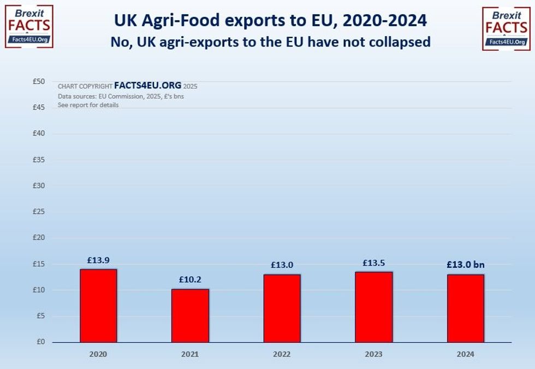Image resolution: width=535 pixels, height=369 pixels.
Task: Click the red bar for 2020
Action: pyautogui.click(x=98, y=306)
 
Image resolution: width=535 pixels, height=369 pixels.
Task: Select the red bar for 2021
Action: pyautogui.click(x=190, y=315)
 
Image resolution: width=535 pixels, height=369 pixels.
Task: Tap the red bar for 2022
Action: pyautogui.click(x=282, y=308)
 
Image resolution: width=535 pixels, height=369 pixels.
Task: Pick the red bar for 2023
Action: pyautogui.click(x=374, y=307)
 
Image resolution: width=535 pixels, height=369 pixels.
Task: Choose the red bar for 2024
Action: pyautogui.click(x=466, y=308)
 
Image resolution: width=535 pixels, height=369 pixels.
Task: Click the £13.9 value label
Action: pyautogui.click(x=98, y=260)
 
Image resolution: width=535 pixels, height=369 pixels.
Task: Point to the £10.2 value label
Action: pyautogui.click(x=190, y=279)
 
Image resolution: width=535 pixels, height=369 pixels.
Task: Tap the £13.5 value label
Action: pyautogui.click(x=374, y=262)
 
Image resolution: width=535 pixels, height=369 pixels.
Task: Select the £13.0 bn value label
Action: pyautogui.click(x=466, y=265)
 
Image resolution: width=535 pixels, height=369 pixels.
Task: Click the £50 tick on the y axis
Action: pyautogui.click(x=38, y=81)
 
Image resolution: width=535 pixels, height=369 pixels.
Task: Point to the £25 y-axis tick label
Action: pyautogui.click(x=38, y=212)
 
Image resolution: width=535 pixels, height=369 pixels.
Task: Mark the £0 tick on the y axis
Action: pyautogui.click(x=40, y=342)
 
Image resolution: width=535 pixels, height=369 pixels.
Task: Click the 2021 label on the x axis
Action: pyautogui.click(x=190, y=354)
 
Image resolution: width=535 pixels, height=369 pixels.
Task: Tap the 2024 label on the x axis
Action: pyautogui.click(x=466, y=354)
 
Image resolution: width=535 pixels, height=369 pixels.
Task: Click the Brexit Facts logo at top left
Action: pyautogui.click(x=28, y=27)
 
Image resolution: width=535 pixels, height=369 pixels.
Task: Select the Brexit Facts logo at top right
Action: pyautogui.click(x=506, y=28)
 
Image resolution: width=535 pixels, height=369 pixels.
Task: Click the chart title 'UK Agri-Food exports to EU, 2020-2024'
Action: pyautogui.click(x=270, y=20)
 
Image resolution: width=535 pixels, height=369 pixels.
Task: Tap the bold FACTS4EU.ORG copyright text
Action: pyautogui.click(x=147, y=86)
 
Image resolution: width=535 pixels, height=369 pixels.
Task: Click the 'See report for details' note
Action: pyautogui.click(x=88, y=105)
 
